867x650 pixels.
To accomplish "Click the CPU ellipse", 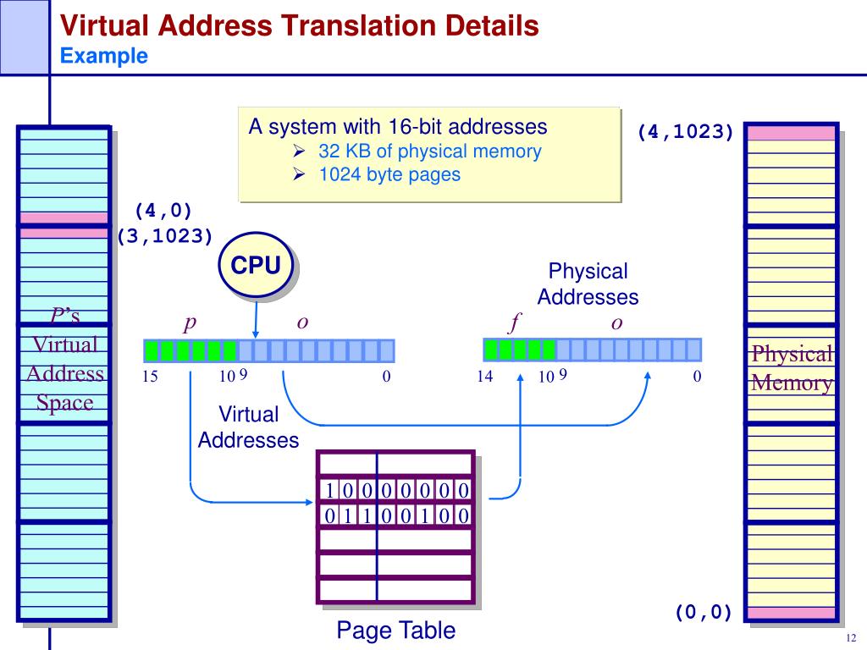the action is (x=256, y=265).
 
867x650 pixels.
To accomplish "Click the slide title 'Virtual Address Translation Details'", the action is (x=299, y=25).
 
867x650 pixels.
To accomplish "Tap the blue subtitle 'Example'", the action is (x=104, y=56).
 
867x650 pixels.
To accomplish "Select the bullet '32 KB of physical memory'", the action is (x=429, y=151).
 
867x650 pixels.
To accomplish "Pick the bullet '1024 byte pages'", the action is (x=389, y=174).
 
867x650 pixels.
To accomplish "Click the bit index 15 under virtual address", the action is (x=150, y=377).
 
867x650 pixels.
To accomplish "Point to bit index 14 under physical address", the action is (x=485, y=377).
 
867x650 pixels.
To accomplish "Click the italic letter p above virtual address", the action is (x=190, y=322).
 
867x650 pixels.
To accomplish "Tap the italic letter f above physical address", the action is (x=515, y=322).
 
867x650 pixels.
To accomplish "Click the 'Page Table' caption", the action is (x=396, y=630).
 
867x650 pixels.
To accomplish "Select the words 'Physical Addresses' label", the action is (x=588, y=284).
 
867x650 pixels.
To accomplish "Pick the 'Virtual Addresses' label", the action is (x=248, y=427).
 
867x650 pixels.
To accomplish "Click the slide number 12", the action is (x=851, y=638).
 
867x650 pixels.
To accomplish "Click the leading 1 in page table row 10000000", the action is (x=329, y=490).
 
